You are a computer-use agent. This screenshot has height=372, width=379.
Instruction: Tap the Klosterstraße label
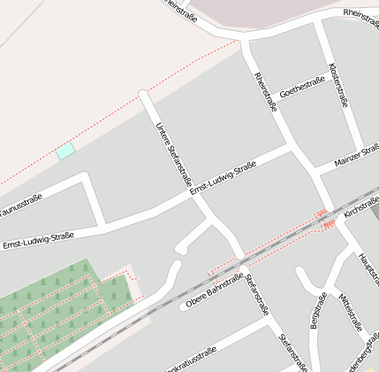click(x=339, y=84)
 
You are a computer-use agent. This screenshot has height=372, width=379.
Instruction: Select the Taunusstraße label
click(x=19, y=207)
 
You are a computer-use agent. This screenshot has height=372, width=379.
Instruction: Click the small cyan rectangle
click(x=65, y=151)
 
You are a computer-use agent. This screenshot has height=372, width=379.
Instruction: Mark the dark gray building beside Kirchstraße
click(x=375, y=211)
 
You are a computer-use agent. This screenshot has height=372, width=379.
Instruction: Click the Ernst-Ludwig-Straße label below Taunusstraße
click(x=37, y=240)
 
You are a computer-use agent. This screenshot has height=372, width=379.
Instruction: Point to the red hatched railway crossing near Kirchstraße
click(x=324, y=219)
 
